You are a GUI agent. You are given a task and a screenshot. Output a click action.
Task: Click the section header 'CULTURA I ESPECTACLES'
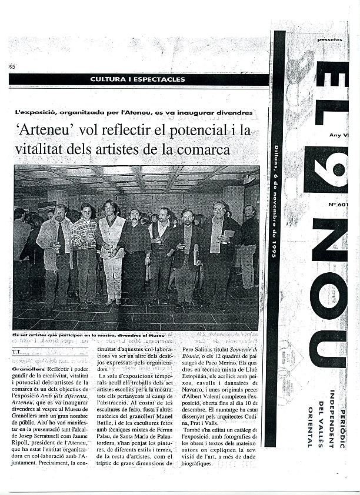tap(138, 79)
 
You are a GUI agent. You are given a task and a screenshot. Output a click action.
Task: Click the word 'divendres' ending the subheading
tap(234, 112)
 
